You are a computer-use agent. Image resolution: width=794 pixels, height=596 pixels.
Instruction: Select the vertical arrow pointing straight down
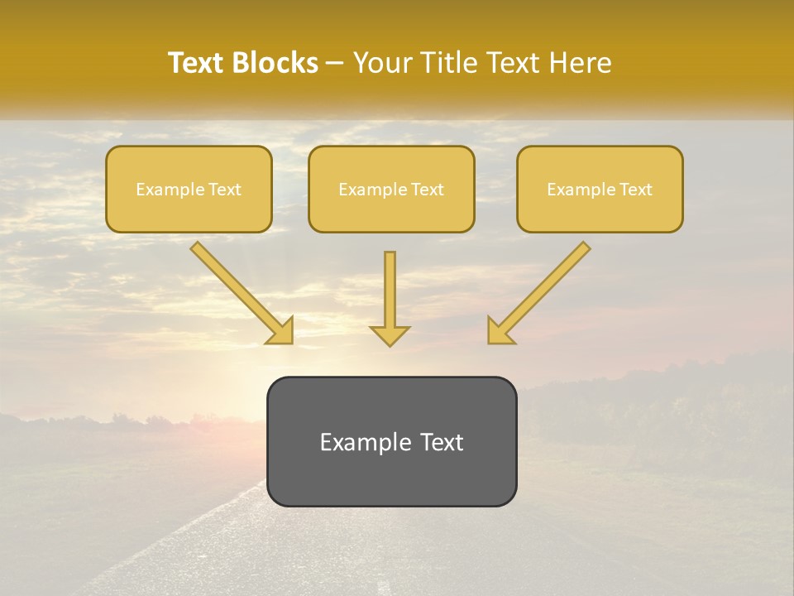390,298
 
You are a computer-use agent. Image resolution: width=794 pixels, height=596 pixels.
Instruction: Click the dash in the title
335,64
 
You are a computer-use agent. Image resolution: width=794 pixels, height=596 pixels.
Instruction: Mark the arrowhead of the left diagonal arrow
281,331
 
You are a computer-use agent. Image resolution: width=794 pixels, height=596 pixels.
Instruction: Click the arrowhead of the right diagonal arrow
499,331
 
